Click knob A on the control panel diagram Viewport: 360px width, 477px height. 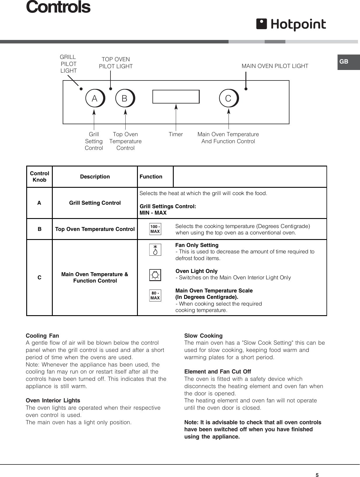pos(95,99)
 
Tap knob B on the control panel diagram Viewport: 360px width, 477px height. pos(125,99)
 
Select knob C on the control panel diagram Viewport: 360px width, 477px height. pos(229,98)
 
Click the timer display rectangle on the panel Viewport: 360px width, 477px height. pos(176,97)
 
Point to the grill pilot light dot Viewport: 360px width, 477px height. pos(81,89)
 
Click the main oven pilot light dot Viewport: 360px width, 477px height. pos(246,89)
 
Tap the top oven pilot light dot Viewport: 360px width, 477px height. pos(110,89)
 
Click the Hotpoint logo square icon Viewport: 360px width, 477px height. pos(261,24)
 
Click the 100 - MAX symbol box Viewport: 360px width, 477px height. pos(155,229)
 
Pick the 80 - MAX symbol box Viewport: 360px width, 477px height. pos(155,295)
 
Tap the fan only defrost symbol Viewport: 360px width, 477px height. pos(155,250)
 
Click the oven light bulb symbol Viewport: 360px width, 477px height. pos(155,275)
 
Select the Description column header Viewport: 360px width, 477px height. pos(95,177)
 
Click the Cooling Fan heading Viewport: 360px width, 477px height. pos(43,336)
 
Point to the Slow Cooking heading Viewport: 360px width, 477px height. pos(203,336)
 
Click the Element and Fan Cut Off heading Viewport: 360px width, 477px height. pos(217,371)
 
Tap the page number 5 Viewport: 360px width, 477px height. pos(317,467)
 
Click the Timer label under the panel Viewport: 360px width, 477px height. pos(176,134)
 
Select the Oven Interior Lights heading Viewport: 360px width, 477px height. pos(53,400)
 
